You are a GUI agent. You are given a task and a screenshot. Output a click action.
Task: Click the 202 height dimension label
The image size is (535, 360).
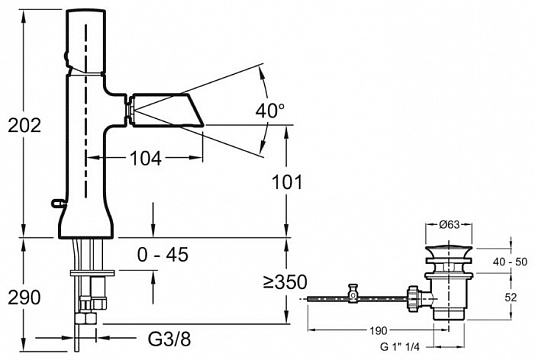click(x=24, y=125)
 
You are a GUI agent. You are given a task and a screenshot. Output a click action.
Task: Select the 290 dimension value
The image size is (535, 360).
click(x=24, y=297)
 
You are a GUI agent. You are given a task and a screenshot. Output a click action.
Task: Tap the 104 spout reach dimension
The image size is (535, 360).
click(x=146, y=158)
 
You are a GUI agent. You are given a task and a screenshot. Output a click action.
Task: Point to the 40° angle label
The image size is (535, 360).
click(x=270, y=111)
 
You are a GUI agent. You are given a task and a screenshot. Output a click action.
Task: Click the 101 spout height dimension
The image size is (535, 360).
click(x=287, y=182)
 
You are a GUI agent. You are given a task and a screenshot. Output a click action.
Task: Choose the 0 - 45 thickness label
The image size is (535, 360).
click(x=163, y=255)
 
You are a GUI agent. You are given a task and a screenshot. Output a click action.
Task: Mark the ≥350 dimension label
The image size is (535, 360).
click(x=285, y=282)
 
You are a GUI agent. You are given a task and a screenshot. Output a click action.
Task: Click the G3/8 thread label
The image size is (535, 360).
click(x=170, y=339)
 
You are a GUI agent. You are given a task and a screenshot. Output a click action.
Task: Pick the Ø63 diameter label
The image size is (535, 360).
click(x=449, y=225)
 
